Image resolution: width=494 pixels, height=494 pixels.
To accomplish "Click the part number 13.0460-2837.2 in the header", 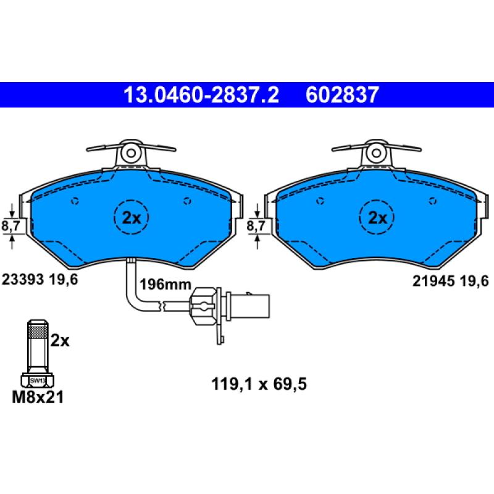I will pos(201,95).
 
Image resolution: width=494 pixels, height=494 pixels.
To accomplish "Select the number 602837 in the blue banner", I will pos(341,95).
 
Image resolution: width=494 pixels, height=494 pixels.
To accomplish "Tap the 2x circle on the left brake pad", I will pos(131,217).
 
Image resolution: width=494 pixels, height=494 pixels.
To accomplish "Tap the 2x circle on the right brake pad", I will pos(377,217).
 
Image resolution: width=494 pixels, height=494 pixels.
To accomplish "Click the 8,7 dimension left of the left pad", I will pos(11,227).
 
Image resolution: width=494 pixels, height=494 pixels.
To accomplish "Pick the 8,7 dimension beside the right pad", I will pos(256,227).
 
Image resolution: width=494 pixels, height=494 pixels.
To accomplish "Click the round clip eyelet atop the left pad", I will pos(131,152).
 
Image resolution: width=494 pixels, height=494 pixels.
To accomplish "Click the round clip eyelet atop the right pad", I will pos(377,152).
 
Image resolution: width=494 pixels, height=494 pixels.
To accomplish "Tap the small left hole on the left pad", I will pos(75,200).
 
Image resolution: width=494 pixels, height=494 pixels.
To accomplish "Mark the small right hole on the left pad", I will pos(188,200).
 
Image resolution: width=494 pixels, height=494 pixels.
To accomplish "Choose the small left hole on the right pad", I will pos(320,200).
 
